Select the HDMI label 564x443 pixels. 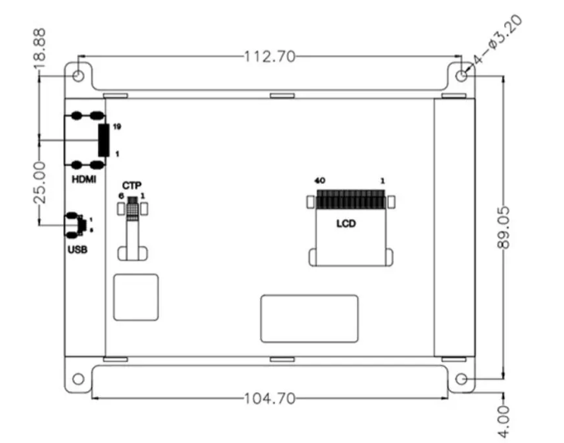83,179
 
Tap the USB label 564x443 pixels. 77,248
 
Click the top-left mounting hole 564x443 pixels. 79,76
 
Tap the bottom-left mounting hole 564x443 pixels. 77,379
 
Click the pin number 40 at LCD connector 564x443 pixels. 320,181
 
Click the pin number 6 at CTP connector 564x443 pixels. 121,196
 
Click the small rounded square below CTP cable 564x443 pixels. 136,298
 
